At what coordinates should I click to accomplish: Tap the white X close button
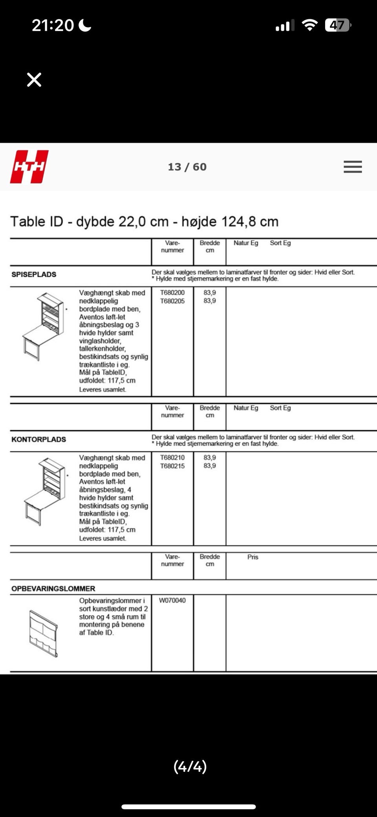pyautogui.click(x=34, y=80)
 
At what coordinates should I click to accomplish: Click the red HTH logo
pyautogui.click(x=29, y=167)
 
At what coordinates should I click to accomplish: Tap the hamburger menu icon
pyautogui.click(x=352, y=167)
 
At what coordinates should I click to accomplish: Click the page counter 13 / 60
pyautogui.click(x=187, y=167)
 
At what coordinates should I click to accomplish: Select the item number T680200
pyautogui.click(x=172, y=293)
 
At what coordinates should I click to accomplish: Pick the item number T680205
pyautogui.click(x=172, y=301)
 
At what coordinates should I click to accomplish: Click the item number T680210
pyautogui.click(x=172, y=458)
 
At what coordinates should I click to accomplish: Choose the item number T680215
pyautogui.click(x=172, y=466)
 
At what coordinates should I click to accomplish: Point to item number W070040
pyautogui.click(x=172, y=600)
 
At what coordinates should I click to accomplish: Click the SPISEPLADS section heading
pyautogui.click(x=34, y=274)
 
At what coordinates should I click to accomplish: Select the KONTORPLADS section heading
pyautogui.click(x=38, y=440)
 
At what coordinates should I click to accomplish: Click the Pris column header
pyautogui.click(x=253, y=557)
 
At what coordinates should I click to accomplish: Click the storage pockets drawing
pyautogui.click(x=44, y=633)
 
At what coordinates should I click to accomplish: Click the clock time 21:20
pyautogui.click(x=53, y=26)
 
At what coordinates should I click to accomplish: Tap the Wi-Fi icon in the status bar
pyautogui.click(x=309, y=26)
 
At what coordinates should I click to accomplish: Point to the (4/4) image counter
pyautogui.click(x=190, y=766)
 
